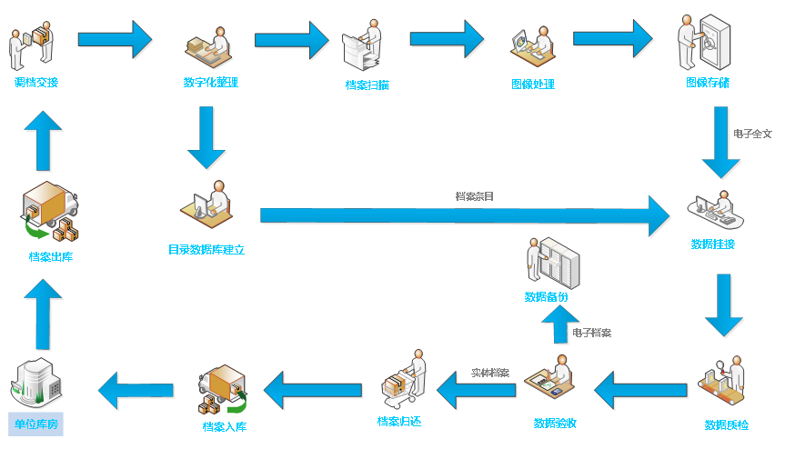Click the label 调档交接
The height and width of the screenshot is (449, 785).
[36, 83]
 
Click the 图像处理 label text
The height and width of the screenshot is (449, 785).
[532, 85]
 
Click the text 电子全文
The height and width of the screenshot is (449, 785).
[752, 134]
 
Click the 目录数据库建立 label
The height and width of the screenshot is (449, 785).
[206, 249]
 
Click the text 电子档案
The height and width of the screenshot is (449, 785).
[592, 333]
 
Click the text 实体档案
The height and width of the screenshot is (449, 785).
[490, 373]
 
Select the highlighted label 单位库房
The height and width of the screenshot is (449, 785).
[36, 424]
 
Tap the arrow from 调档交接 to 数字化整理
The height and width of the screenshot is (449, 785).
[115, 39]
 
